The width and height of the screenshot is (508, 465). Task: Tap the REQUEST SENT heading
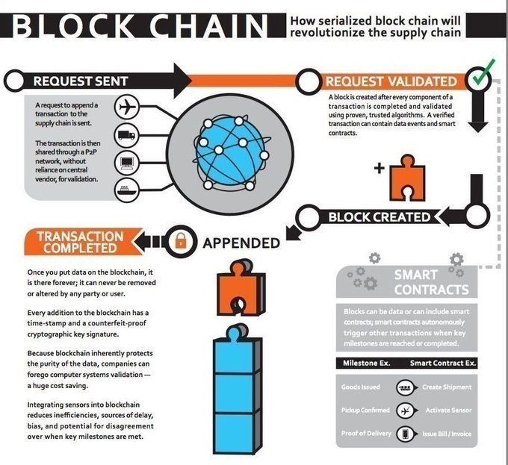tap(81, 80)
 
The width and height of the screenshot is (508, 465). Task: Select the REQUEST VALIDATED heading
tap(391, 81)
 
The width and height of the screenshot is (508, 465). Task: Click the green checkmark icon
tap(480, 76)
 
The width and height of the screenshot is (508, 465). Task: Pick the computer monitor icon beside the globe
tap(127, 161)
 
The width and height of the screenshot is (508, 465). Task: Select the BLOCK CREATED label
tap(380, 217)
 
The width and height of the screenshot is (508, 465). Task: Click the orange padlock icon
tap(181, 241)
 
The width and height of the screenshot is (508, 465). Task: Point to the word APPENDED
tap(241, 243)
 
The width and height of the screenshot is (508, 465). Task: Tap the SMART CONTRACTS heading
tap(431, 282)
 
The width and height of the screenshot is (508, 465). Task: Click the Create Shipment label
tap(447, 387)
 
